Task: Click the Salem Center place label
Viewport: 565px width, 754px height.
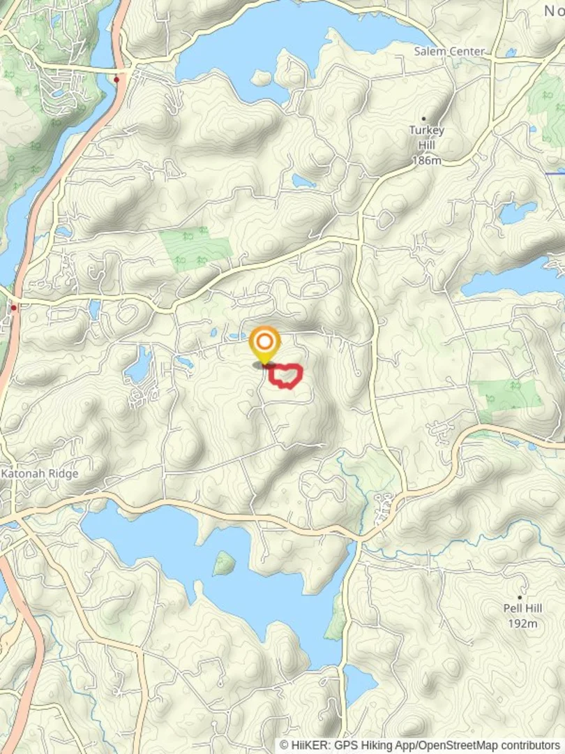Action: [449, 52]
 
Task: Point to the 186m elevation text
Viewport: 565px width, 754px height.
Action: [427, 161]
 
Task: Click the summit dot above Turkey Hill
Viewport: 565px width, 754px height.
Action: [423, 119]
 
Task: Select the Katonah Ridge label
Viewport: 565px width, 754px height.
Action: [40, 473]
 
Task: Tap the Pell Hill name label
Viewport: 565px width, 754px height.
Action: [522, 608]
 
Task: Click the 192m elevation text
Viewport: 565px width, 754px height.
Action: [522, 623]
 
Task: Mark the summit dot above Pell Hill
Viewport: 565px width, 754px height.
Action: [520, 579]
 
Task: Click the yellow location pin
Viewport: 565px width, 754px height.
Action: [265, 343]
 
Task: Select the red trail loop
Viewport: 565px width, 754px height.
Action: [286, 376]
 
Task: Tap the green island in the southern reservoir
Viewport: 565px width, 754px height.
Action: [224, 563]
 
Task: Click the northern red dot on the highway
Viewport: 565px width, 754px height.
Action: [116, 80]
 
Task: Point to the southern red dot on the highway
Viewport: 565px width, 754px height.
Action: [13, 307]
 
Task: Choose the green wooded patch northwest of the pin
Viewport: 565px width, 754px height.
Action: [196, 247]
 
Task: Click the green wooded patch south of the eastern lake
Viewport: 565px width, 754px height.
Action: [509, 396]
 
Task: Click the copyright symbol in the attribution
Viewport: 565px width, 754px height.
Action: [285, 746]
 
